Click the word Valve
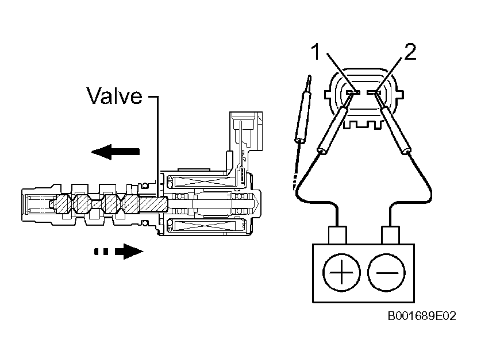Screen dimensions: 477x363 coord(114,96)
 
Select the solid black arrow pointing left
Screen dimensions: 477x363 coord(116,152)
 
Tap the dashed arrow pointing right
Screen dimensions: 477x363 coord(118,252)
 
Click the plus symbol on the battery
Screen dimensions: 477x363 coord(341,272)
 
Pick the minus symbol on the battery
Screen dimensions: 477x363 coord(387,272)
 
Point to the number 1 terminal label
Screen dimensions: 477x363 coord(317,52)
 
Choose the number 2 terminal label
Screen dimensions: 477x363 coord(410,52)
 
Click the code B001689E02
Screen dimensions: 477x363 coord(422,316)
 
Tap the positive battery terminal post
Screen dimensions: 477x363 coord(337,235)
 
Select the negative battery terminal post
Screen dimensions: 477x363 coord(390,235)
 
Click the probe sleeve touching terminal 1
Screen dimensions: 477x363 coord(334,129)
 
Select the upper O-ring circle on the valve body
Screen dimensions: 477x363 coord(145,185)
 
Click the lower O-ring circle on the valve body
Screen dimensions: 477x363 coord(145,223)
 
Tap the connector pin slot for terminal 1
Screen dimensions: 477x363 coord(353,92)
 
